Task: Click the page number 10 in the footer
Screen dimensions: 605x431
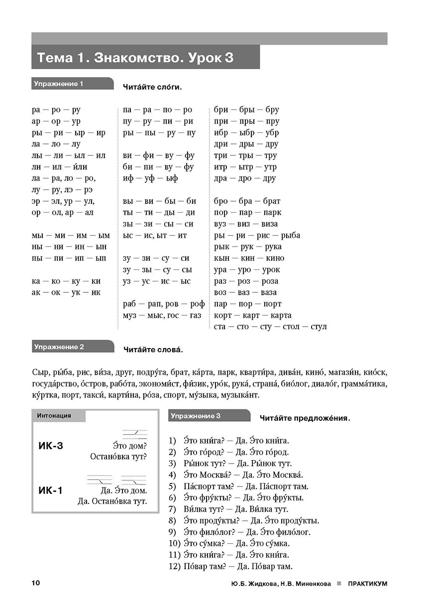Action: (35, 584)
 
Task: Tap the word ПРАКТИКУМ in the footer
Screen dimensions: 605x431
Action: (368, 584)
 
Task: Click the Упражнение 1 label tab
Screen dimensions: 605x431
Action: (58, 84)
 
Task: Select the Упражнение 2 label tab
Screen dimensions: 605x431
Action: (58, 347)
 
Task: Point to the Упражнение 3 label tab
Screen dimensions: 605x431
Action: (196, 416)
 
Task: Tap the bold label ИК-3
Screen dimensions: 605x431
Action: (51, 446)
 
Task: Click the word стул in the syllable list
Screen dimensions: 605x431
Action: (318, 327)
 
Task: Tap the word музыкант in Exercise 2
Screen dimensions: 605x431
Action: (242, 395)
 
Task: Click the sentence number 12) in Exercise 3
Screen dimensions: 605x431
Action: (174, 566)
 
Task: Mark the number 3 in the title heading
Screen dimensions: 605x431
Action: (228, 58)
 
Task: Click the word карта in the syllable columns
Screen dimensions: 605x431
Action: (281, 315)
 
